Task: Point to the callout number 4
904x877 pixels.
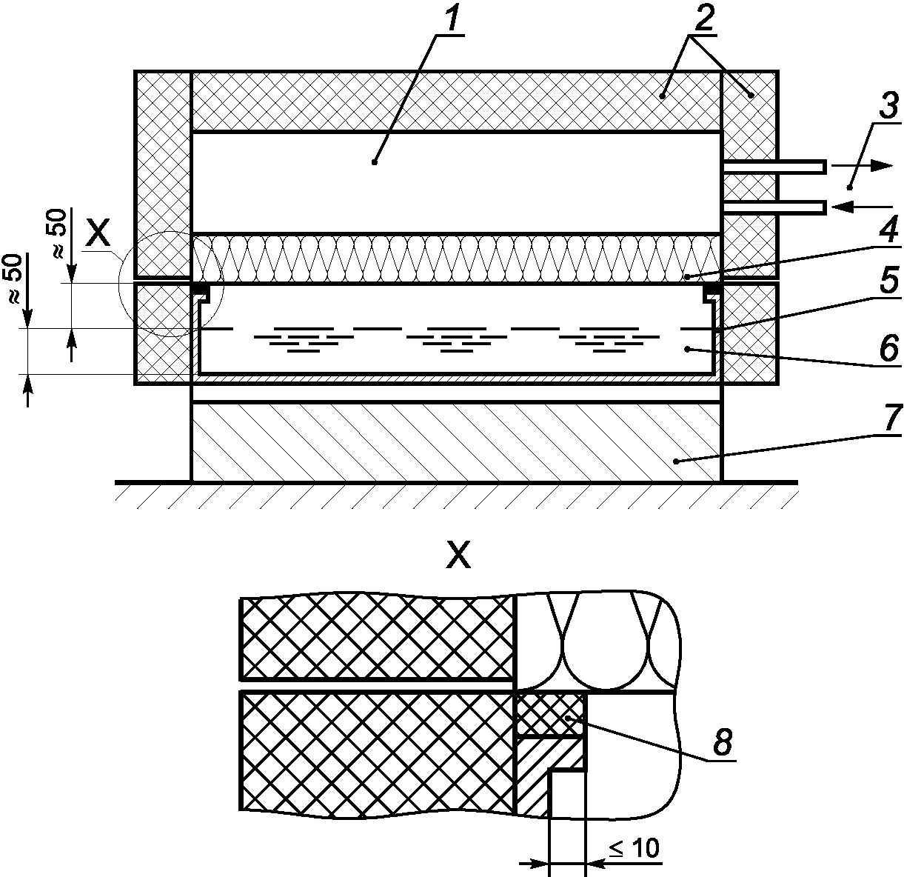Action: tap(888, 231)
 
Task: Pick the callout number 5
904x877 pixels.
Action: tap(888, 281)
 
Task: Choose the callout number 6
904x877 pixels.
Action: tap(888, 348)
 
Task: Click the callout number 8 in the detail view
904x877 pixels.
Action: tap(723, 742)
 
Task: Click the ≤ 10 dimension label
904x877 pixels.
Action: tap(635, 849)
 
